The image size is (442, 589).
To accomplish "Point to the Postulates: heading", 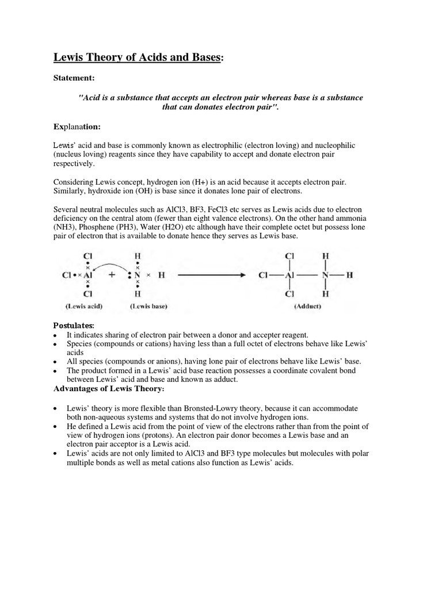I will (74, 326).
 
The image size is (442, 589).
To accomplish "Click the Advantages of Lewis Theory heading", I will (109, 389).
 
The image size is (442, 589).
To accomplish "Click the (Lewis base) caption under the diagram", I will (148, 307).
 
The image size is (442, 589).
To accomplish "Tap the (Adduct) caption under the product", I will (308, 307).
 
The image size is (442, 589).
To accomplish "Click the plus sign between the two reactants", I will (112, 275).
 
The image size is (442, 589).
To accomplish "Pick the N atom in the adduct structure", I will (326, 275).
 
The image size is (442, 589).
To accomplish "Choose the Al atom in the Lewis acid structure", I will (87, 275).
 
